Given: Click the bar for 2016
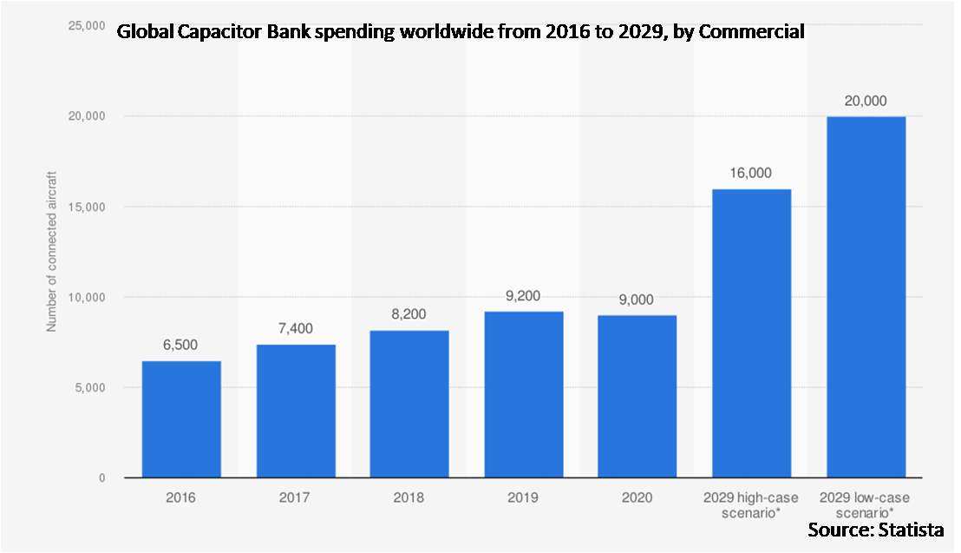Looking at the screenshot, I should (181, 419).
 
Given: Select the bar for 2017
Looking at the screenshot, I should (296, 411).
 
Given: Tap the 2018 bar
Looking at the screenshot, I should (409, 404).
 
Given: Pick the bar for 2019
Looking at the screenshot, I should (524, 394).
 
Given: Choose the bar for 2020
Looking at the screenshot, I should (637, 396).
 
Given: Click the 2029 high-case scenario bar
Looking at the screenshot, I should (751, 333).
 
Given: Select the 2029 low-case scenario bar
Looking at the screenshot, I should (866, 297).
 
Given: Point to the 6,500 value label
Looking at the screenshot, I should (181, 345).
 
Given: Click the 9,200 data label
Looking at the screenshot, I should (524, 295).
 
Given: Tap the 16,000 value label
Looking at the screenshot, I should (751, 173).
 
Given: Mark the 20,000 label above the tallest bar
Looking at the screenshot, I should (866, 101).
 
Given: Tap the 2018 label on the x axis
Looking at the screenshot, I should (409, 497).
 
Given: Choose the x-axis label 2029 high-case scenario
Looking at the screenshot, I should (751, 504).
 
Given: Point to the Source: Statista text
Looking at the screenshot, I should (876, 530).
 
